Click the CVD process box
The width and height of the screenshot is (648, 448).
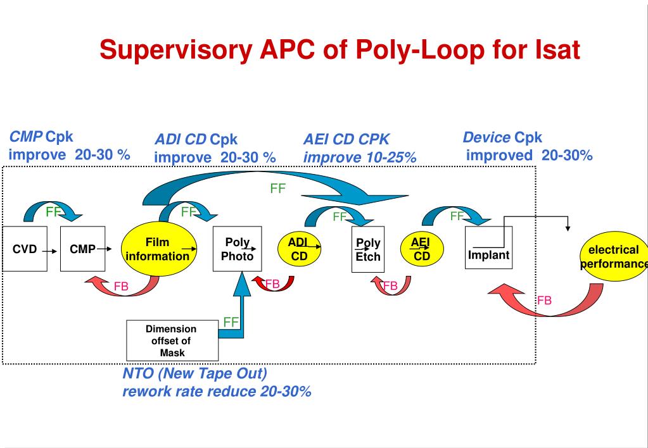click(x=25, y=249)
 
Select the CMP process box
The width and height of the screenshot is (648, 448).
click(x=82, y=249)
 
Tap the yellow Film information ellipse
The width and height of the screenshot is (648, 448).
click(x=157, y=249)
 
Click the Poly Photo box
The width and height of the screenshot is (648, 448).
click(x=237, y=249)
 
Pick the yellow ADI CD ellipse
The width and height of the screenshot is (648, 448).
click(x=299, y=249)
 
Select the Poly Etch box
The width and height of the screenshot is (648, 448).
click(x=368, y=250)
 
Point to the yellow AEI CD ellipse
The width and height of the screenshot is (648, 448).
click(x=421, y=249)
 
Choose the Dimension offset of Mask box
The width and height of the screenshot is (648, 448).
click(x=172, y=341)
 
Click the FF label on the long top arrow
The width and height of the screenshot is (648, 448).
click(x=278, y=189)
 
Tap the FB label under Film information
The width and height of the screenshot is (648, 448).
click(x=121, y=287)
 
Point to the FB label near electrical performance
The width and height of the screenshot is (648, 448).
click(x=544, y=300)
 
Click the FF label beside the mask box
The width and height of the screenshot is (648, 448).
click(x=231, y=322)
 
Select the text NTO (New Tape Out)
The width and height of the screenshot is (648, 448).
click(x=194, y=373)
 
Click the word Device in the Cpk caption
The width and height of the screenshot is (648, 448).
click(x=486, y=137)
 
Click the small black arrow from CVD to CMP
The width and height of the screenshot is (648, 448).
click(x=50, y=251)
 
